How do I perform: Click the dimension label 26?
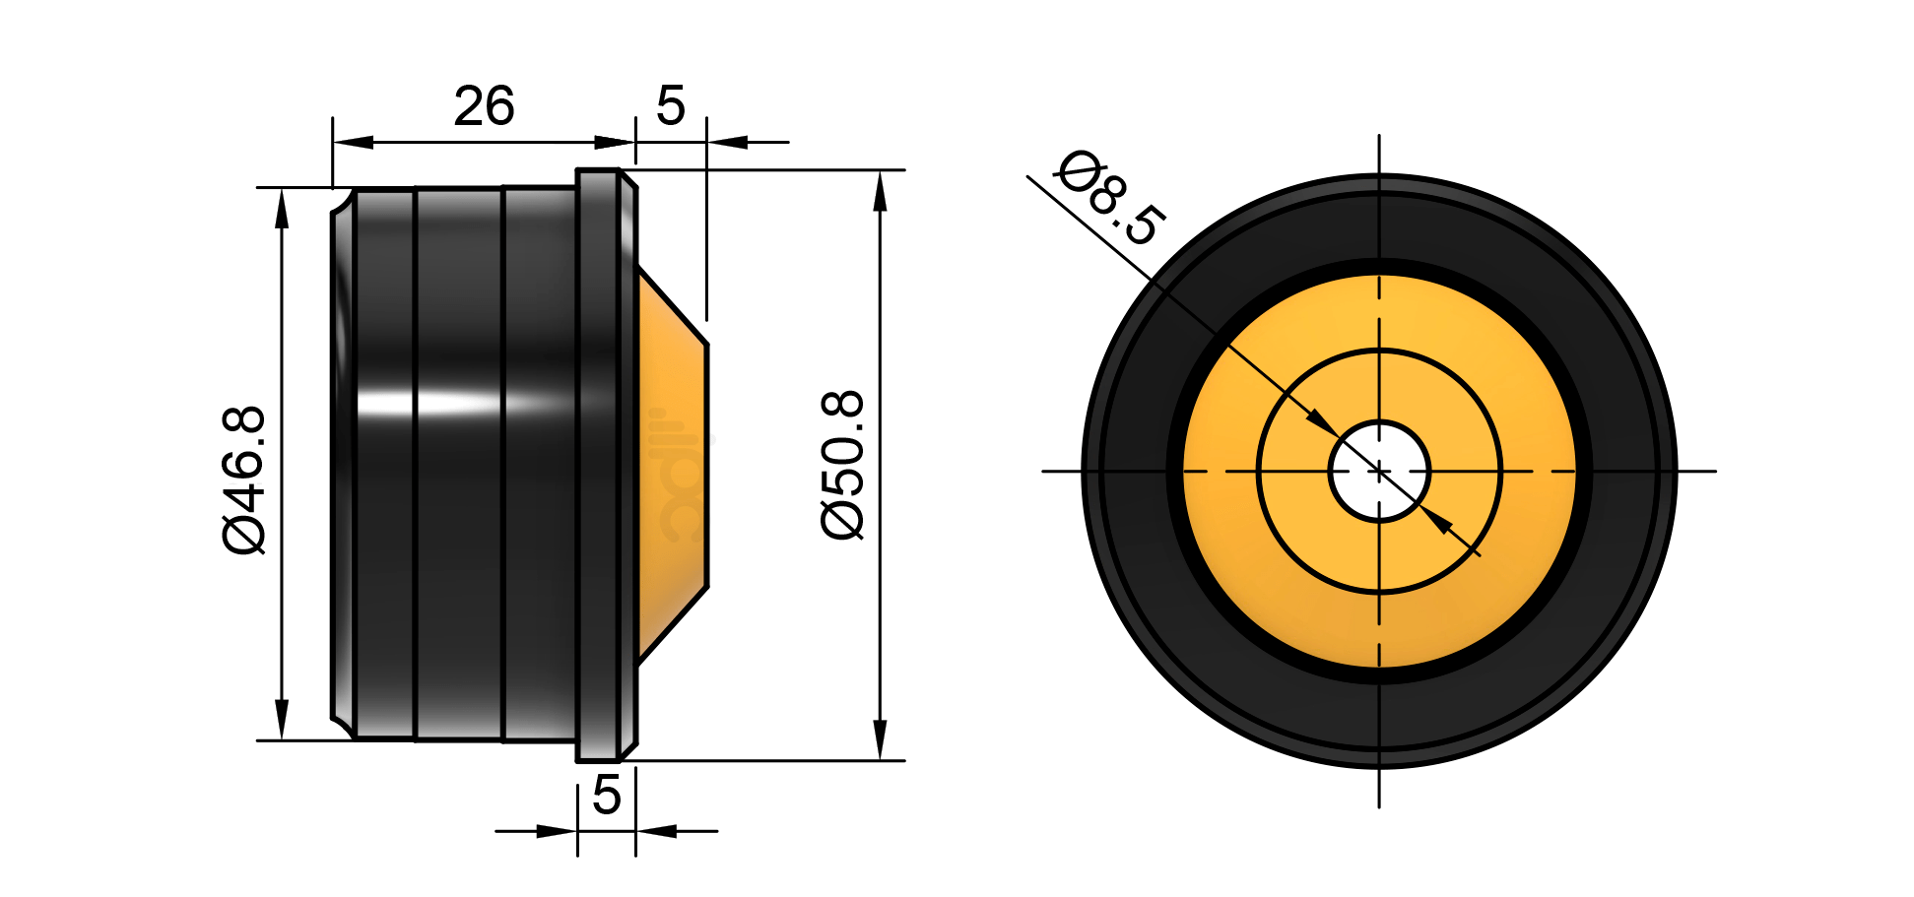click(484, 106)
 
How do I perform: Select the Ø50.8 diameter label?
click(842, 465)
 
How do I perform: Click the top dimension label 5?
click(670, 105)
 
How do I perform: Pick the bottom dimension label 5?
click(607, 795)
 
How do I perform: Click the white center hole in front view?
click(1379, 471)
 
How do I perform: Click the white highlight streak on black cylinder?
click(443, 403)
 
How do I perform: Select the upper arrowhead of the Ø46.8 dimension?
click(283, 208)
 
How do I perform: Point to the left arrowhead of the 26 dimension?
click(354, 143)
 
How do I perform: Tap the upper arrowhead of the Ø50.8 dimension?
click(880, 191)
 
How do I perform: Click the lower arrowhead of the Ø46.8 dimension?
click(283, 719)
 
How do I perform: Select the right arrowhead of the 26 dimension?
click(614, 143)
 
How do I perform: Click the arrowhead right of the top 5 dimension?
click(728, 143)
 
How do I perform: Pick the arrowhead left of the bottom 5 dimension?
click(556, 831)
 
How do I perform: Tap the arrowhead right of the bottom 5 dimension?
click(657, 831)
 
